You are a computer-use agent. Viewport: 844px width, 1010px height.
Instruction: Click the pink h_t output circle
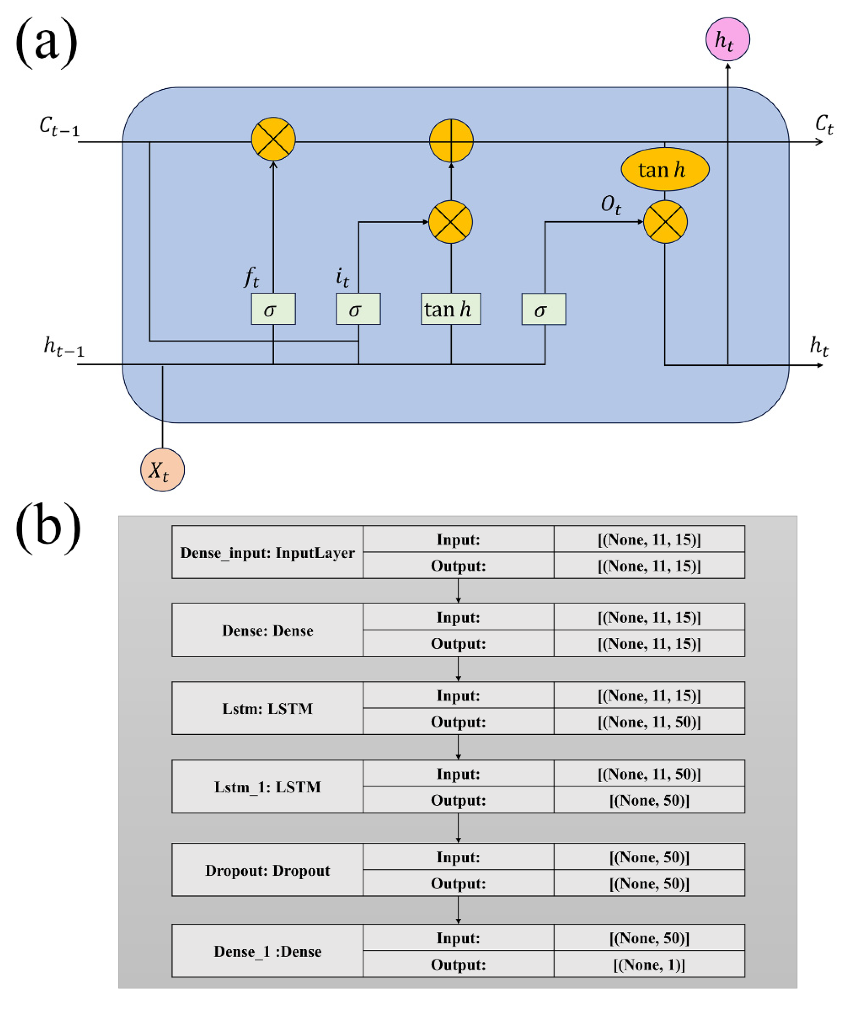click(727, 39)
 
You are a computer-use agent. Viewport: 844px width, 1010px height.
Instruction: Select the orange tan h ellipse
click(665, 169)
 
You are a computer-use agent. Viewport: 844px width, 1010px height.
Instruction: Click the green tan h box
click(450, 309)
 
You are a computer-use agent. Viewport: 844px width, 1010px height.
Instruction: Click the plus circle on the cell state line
click(450, 140)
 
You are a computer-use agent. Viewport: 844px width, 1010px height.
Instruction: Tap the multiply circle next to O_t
click(665, 222)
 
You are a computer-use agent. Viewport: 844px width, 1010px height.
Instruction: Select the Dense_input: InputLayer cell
click(267, 552)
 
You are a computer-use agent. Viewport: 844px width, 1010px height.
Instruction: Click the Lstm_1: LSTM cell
click(267, 787)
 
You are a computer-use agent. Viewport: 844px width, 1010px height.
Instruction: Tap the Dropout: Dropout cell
click(267, 870)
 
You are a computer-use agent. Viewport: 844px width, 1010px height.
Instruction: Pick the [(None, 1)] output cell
click(649, 965)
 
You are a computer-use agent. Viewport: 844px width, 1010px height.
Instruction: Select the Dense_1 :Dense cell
click(267, 951)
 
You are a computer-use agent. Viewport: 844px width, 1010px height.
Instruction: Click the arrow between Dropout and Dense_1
click(458, 910)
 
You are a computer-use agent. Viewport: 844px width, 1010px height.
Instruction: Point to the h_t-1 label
click(63, 347)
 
